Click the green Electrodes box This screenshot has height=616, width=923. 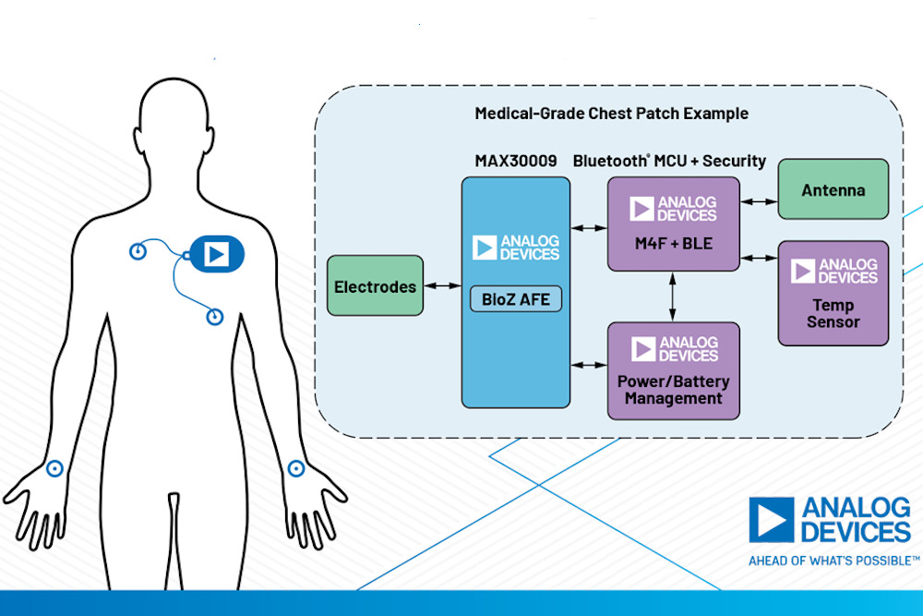[376, 287]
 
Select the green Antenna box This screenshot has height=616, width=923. [833, 189]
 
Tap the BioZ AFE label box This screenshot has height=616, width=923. [515, 299]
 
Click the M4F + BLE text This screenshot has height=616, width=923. [673, 244]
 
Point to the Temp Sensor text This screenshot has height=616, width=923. [833, 313]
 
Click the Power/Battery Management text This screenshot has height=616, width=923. [673, 390]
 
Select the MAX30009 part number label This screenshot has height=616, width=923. [516, 161]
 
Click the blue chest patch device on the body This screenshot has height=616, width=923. [216, 253]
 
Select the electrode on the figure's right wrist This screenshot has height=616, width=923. [54, 468]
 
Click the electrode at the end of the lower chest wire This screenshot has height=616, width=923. [215, 317]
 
